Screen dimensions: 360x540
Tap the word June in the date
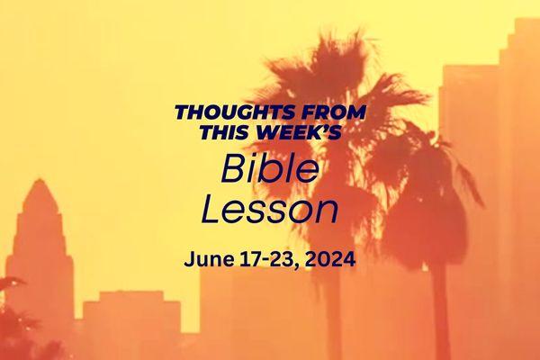pyautogui.click(x=208, y=260)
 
